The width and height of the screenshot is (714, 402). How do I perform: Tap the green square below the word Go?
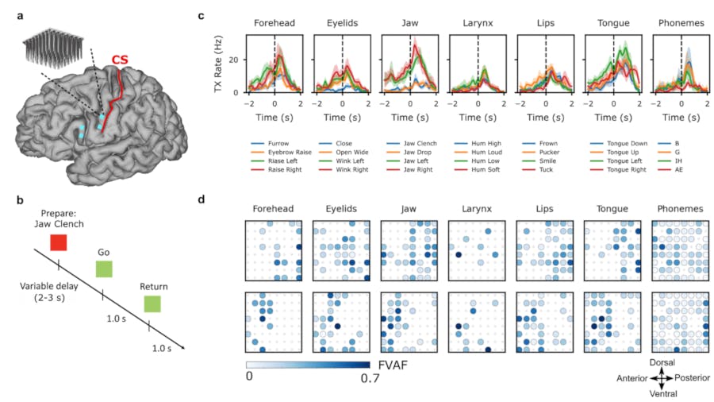pos(105,271)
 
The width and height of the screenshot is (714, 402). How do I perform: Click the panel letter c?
pos(201,15)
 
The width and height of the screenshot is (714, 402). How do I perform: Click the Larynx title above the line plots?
pos(477,24)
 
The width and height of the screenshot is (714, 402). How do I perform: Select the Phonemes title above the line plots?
pos(681,24)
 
